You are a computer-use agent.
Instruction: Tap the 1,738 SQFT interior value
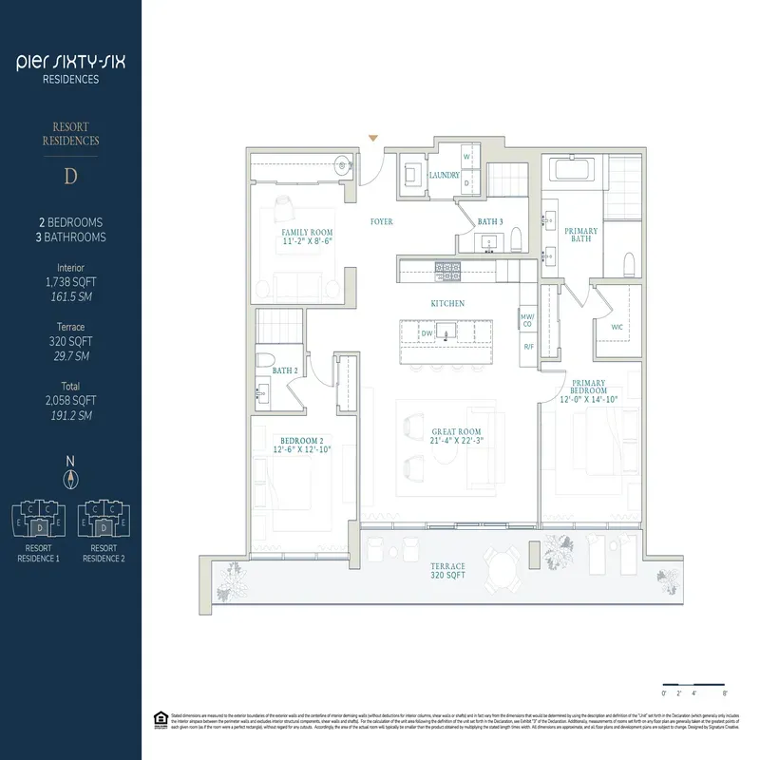coord(70,282)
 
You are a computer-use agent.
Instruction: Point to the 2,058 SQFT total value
coord(70,402)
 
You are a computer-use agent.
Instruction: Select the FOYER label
coord(382,221)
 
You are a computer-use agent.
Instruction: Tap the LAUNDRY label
coord(444,176)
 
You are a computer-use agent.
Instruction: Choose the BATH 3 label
coord(490,221)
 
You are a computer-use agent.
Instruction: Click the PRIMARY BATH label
coord(580,236)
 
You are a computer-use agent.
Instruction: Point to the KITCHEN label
coord(447,303)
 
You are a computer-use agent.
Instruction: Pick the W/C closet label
coord(615,328)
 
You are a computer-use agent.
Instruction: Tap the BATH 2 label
coord(285,370)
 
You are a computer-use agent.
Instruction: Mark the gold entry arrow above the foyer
coord(373,139)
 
